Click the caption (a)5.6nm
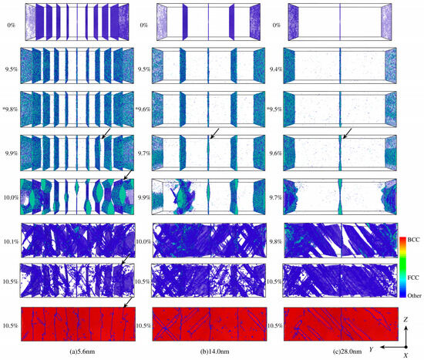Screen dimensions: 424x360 [x=82, y=352]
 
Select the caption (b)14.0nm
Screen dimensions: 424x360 [x=215, y=352]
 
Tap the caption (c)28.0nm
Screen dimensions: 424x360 [x=347, y=352]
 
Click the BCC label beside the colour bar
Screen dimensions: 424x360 [x=413, y=240]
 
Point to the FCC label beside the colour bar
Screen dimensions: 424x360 [x=413, y=278]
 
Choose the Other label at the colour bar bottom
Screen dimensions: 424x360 [x=414, y=295]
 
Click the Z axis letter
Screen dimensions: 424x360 [x=405, y=320]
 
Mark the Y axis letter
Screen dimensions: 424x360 [x=372, y=349]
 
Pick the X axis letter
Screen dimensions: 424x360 [x=405, y=356]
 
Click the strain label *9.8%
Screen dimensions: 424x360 [x=11, y=109]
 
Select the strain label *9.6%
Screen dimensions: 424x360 [x=143, y=109]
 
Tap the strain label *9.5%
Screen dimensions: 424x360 [x=274, y=109]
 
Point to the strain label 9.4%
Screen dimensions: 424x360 [x=276, y=69]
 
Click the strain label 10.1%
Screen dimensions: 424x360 [x=11, y=241]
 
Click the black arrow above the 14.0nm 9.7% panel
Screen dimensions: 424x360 [x=214, y=134]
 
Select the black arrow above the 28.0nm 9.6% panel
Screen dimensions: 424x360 [x=347, y=134]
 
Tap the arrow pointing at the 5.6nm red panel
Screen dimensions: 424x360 [x=128, y=303]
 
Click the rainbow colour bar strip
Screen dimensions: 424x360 [x=402, y=267]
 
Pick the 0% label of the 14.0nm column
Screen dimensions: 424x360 [x=144, y=25]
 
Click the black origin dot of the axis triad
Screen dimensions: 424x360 [x=405, y=347]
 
